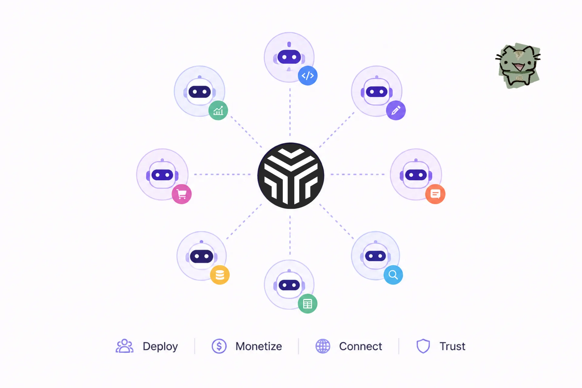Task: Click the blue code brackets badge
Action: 308,75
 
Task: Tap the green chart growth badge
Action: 218,110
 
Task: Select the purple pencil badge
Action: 396,110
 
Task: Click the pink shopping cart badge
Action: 182,194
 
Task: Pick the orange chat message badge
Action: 435,194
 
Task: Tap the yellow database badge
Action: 220,275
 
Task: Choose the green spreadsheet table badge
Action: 307,303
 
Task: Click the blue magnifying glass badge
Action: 393,275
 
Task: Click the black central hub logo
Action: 291,176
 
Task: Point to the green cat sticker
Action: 518,66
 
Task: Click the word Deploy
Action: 160,346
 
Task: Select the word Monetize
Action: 259,346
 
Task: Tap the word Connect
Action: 360,346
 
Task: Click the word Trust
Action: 452,346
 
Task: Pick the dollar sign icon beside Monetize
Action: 219,346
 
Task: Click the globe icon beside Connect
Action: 323,346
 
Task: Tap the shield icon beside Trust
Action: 423,346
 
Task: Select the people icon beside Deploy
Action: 125,346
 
